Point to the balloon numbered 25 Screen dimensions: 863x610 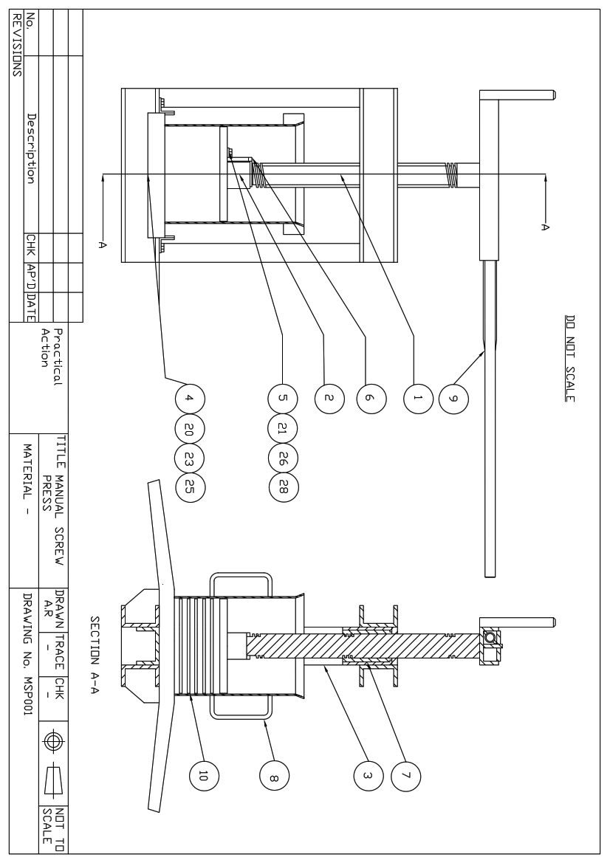[189, 485]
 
